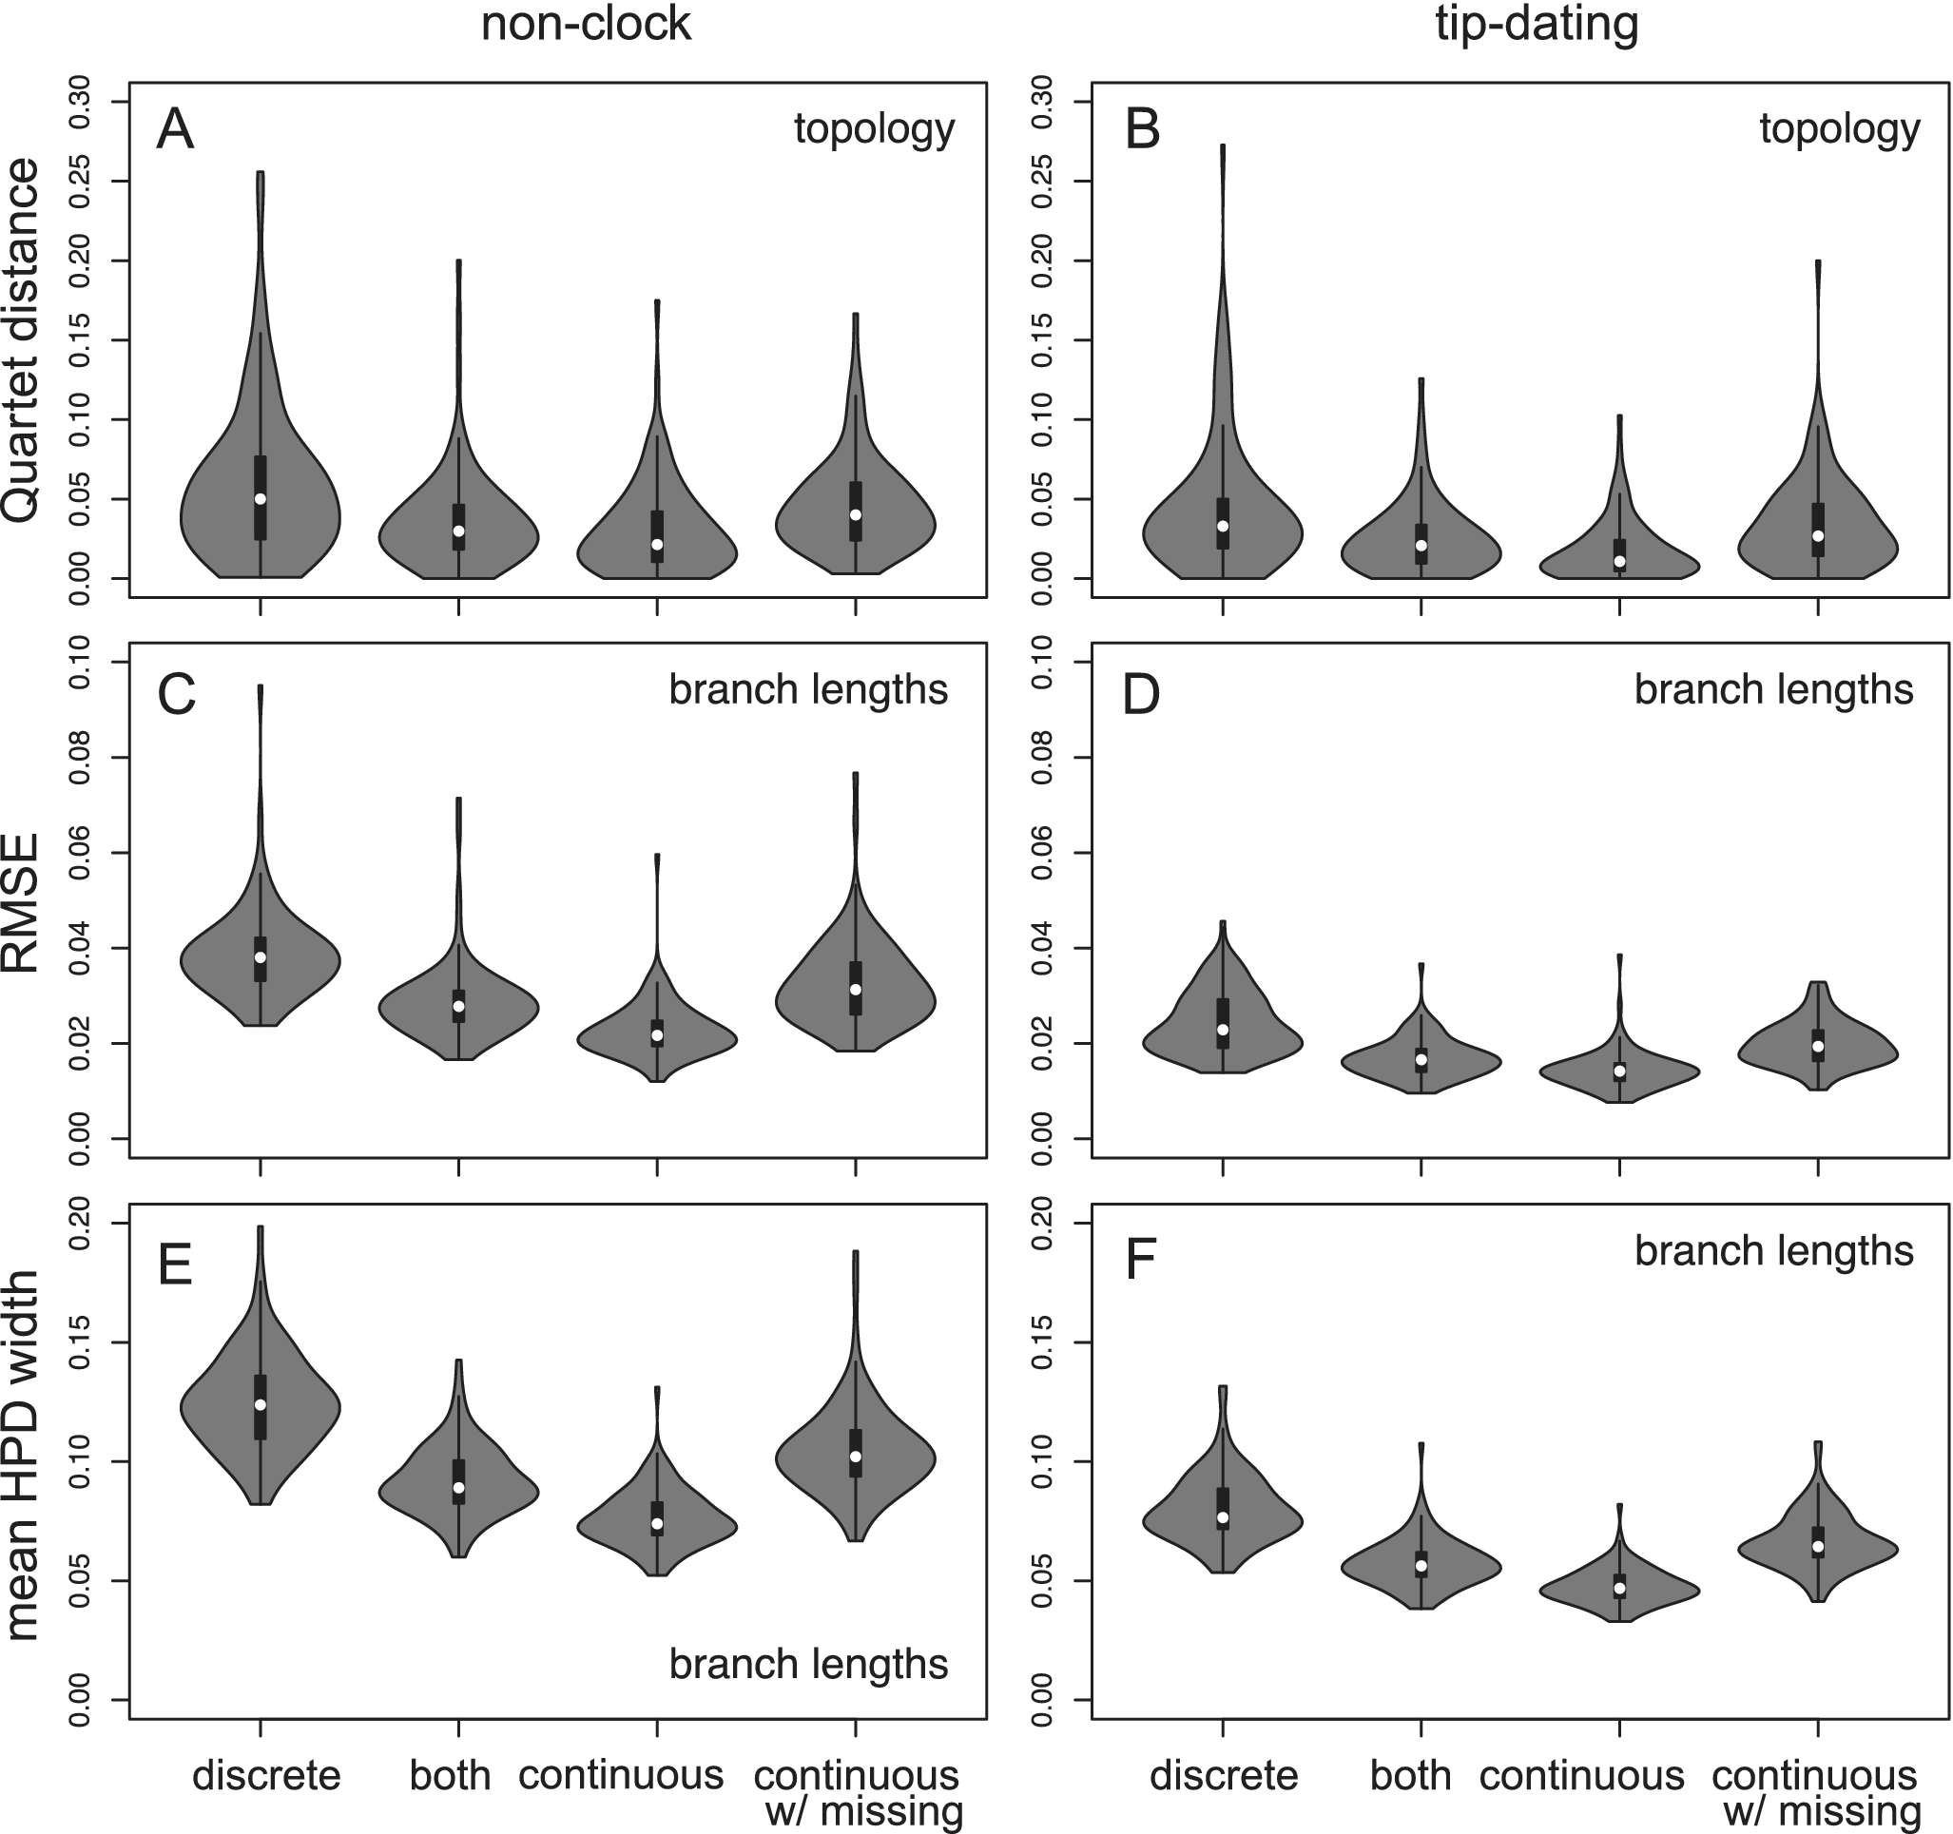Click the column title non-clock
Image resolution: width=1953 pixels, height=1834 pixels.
click(x=586, y=25)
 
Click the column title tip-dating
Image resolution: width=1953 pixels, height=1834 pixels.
click(x=1537, y=25)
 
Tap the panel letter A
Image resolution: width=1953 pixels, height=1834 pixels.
click(x=175, y=129)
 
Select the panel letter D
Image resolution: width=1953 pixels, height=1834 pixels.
click(x=1141, y=693)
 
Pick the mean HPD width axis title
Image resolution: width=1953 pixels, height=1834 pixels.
click(x=22, y=1454)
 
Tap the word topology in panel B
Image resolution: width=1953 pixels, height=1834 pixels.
click(x=1839, y=129)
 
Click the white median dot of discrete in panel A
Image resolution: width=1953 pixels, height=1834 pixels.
click(x=261, y=498)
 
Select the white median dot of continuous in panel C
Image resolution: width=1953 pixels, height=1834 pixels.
click(x=657, y=1035)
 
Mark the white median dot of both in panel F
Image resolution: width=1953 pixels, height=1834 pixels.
click(x=1421, y=1565)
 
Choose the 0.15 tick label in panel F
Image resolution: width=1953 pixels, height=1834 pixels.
click(x=1043, y=1342)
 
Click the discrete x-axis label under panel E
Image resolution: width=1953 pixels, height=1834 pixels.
click(x=266, y=1775)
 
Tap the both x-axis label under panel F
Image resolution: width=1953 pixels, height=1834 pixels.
click(x=1411, y=1776)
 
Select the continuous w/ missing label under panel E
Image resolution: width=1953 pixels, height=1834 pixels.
click(x=857, y=1793)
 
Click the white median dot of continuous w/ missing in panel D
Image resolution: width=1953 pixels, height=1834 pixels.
click(x=1817, y=1046)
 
